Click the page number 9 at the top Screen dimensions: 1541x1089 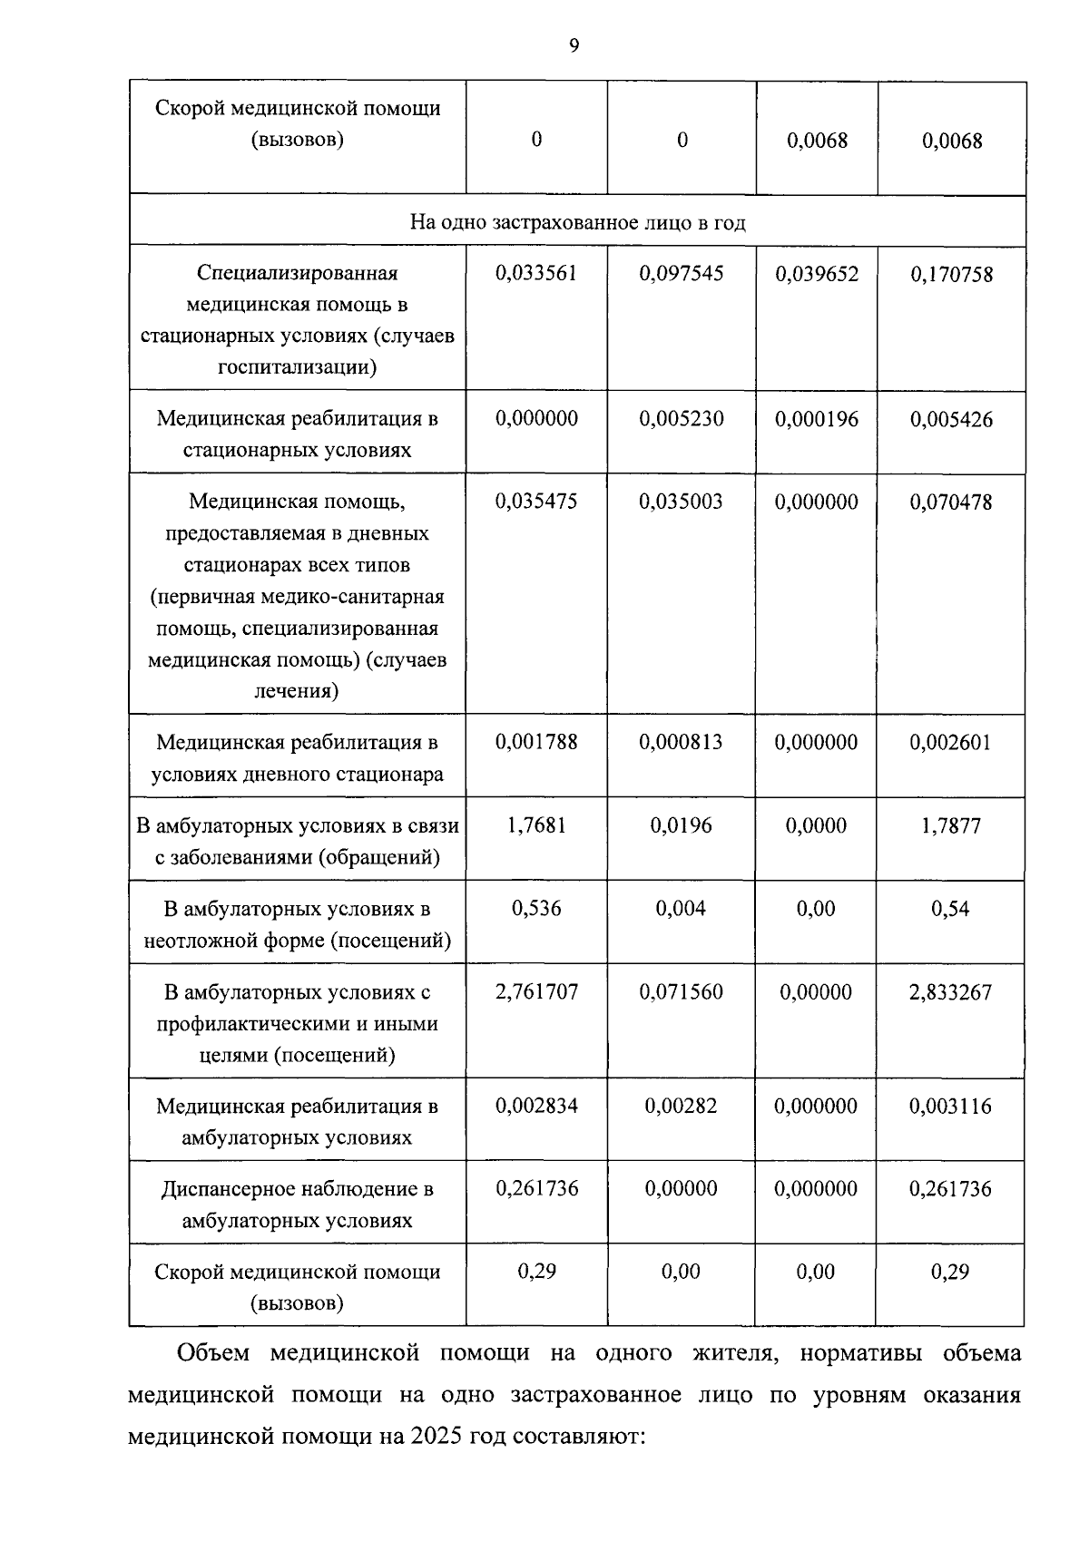pos(574,45)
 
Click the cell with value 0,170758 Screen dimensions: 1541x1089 pos(951,274)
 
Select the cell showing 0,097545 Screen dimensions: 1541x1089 pos(682,273)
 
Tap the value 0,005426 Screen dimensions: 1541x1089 pos(951,419)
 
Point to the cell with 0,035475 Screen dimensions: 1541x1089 pos(536,502)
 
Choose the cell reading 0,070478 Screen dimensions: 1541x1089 pos(951,502)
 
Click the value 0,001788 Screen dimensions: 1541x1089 pos(536,742)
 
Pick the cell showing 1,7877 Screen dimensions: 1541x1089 pos(951,825)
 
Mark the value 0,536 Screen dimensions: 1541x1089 pos(536,908)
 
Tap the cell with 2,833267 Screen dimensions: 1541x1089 pos(951,991)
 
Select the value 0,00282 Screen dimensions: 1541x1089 pos(681,1106)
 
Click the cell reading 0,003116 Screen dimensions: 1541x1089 pos(951,1106)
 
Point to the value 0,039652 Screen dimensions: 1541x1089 pos(817,274)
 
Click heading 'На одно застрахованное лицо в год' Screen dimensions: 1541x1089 pos(577,222)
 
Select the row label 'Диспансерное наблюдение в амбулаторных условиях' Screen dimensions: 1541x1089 pos(297,1204)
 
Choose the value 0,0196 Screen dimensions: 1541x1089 pos(681,825)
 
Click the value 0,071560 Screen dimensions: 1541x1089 pos(681,991)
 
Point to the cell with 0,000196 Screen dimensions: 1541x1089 pos(817,419)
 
